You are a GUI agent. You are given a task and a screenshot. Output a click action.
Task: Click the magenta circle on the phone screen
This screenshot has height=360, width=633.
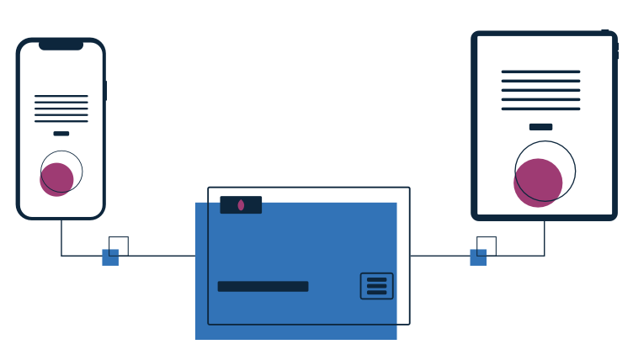[x=56, y=180]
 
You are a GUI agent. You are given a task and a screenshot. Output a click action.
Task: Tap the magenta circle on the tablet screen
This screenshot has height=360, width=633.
[x=537, y=183]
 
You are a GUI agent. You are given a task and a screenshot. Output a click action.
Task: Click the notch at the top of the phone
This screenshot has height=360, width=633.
[x=61, y=45]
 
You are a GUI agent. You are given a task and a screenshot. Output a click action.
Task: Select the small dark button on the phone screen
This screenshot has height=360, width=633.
[x=61, y=133]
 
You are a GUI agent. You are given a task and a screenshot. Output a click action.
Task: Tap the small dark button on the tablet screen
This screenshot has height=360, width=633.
[x=540, y=127]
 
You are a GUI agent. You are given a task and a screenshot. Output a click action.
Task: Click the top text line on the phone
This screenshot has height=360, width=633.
[x=61, y=96]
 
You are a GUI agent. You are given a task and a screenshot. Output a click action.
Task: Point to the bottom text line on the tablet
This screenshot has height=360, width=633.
[x=540, y=109]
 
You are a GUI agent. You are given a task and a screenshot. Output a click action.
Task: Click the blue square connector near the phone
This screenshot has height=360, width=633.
[x=110, y=257]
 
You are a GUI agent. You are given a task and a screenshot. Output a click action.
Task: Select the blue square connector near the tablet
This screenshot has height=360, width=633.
[x=478, y=257]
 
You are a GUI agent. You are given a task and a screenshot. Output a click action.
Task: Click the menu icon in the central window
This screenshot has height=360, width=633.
[x=376, y=286]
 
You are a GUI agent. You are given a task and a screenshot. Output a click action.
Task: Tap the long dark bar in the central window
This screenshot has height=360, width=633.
[x=263, y=286]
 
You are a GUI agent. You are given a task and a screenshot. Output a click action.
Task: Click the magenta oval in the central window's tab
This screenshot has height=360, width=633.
[x=241, y=205]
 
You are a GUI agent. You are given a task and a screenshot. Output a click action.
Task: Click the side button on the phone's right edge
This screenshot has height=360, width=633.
[x=105, y=90]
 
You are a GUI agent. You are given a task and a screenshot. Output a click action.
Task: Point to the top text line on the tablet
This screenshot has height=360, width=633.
[x=540, y=71]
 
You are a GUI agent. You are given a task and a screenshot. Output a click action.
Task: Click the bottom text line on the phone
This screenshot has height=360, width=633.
[x=61, y=121]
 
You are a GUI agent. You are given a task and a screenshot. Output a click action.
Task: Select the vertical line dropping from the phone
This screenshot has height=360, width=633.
[x=61, y=237]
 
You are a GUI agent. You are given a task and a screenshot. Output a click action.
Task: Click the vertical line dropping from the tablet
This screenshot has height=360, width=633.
[x=544, y=238]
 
